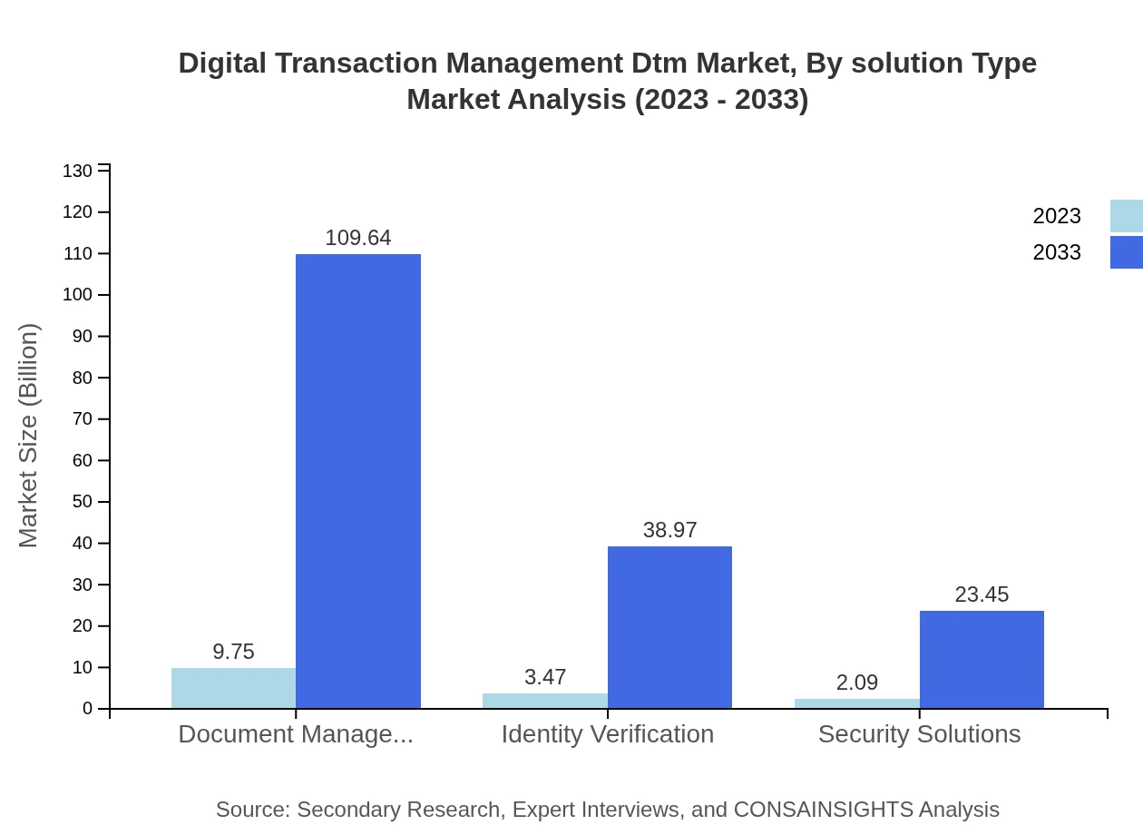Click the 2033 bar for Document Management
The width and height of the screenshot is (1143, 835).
(x=358, y=481)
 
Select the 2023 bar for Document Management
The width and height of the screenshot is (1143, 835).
(x=233, y=688)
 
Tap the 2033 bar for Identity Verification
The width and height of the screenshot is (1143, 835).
(x=669, y=627)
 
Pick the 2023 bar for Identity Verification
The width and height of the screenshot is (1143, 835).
(x=545, y=701)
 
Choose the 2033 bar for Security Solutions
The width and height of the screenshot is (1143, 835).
(x=982, y=660)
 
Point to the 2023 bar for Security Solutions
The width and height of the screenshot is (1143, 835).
(x=857, y=703)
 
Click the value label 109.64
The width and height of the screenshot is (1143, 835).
(x=358, y=238)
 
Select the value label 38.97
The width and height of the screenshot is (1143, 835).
(x=669, y=530)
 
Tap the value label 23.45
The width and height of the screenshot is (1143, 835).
(x=982, y=594)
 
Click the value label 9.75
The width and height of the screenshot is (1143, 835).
(x=233, y=652)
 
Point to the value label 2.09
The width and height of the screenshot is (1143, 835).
(x=857, y=683)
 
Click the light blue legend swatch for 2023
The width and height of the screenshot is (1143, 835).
(x=1126, y=216)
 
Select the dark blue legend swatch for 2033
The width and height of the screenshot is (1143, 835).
(x=1126, y=252)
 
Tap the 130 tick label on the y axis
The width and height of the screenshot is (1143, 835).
(x=78, y=172)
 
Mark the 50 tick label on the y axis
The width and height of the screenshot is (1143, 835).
(x=83, y=502)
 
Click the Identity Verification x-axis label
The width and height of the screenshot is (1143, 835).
(x=608, y=733)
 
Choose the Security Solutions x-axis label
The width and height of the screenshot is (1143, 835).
(x=919, y=733)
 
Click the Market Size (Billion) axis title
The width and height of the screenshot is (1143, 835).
(x=28, y=436)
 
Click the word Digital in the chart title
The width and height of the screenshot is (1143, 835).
(x=222, y=64)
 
